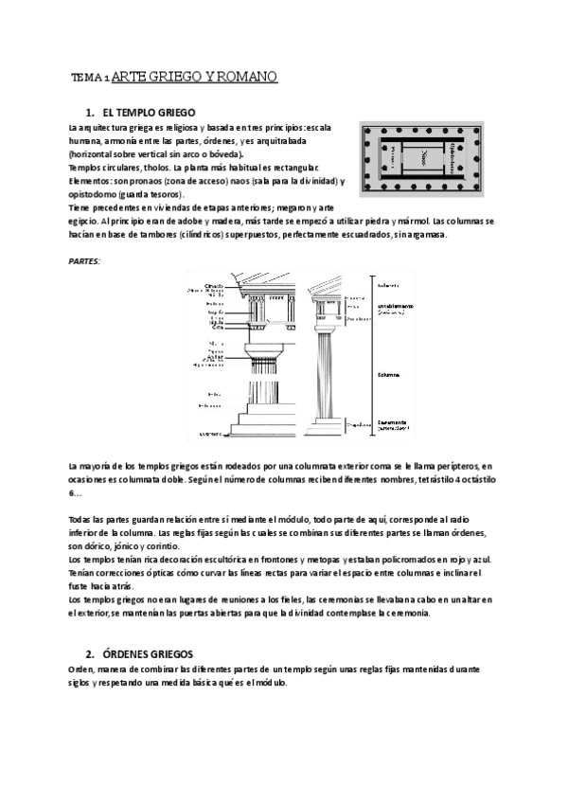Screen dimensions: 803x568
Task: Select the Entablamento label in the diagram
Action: (392, 306)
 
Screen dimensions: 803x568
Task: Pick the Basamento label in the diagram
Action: (391, 421)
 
